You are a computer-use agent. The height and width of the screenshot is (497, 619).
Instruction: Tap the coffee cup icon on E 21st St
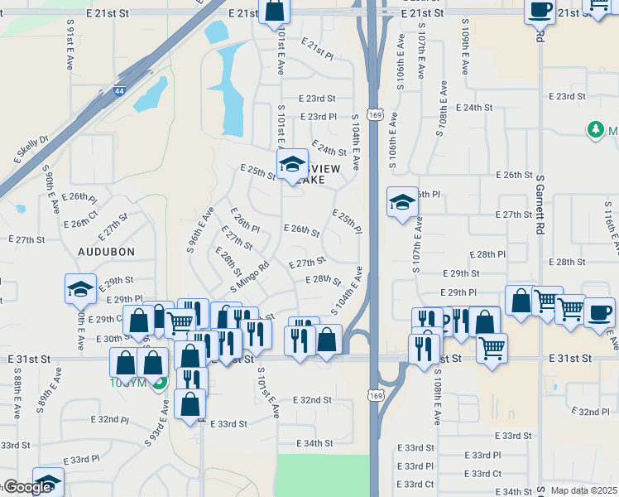(x=540, y=11)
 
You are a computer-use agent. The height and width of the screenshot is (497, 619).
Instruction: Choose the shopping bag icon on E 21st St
(x=275, y=12)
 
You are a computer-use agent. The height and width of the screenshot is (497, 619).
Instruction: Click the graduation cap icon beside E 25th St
(x=292, y=165)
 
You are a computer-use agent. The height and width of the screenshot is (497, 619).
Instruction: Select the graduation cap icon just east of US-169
(x=402, y=202)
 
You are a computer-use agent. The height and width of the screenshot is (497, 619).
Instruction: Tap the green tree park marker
(x=594, y=130)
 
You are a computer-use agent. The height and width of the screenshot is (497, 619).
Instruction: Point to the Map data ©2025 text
(x=583, y=490)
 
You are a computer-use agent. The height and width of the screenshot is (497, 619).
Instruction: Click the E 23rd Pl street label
(x=319, y=117)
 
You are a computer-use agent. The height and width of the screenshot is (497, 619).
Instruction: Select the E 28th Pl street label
(x=487, y=254)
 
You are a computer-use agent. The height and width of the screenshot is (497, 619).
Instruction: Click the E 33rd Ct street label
(x=415, y=485)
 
